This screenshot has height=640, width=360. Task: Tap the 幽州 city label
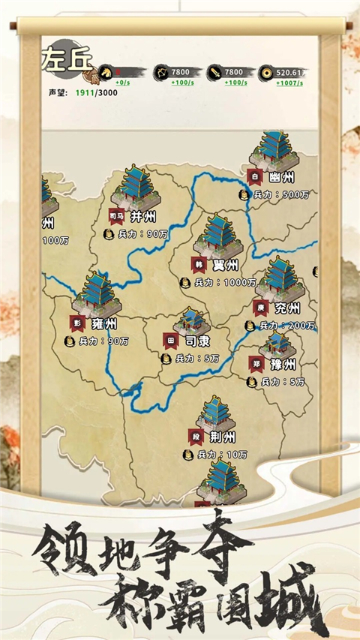click(282, 178)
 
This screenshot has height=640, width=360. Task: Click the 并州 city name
click(142, 217)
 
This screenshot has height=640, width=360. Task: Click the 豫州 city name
click(284, 365)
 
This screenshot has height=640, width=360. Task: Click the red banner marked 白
click(255, 177)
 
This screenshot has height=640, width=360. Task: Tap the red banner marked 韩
click(199, 265)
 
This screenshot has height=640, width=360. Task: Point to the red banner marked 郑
click(256, 364)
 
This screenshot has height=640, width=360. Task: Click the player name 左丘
click(66, 57)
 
